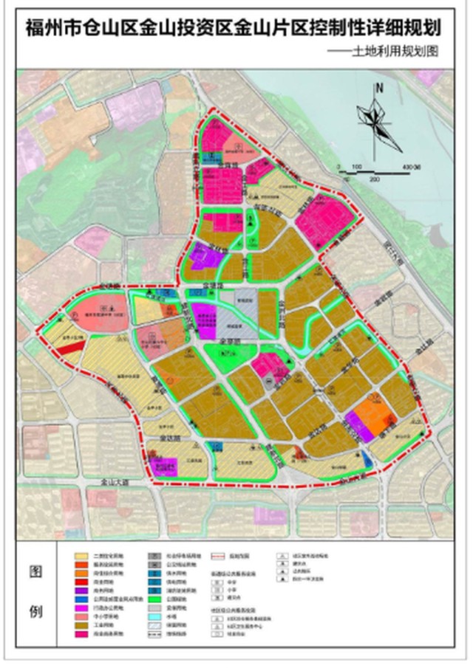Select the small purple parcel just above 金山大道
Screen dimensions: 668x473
(x=166, y=466)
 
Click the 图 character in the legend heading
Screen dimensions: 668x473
(x=35, y=572)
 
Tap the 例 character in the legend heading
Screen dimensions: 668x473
(x=35, y=612)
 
